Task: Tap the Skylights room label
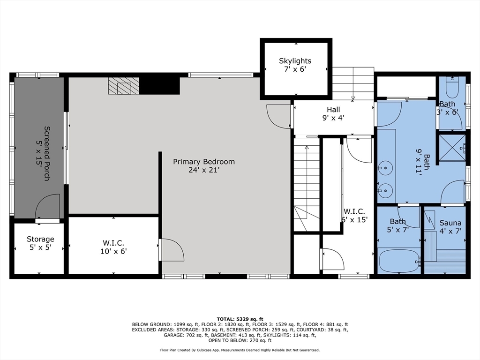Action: [295, 61]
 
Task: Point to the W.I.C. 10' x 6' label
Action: [113, 247]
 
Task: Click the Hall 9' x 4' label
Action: [333, 113]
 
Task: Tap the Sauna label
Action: [450, 223]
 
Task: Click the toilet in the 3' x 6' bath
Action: [452, 87]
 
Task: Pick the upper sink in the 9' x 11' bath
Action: [385, 168]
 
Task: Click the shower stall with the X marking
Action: [452, 148]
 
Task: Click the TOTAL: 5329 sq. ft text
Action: [240, 319]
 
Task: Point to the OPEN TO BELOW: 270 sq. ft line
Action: [240, 340]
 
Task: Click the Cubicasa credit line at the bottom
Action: [240, 350]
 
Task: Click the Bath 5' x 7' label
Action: [398, 225]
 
